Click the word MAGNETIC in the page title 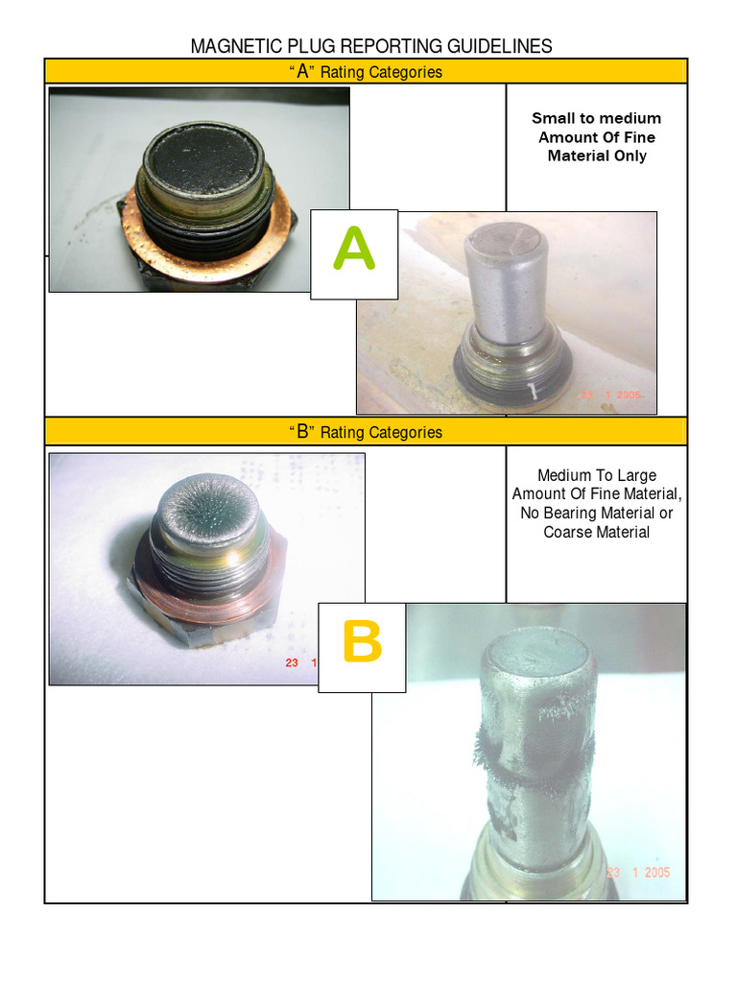[x=234, y=46]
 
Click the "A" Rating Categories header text [x=366, y=72]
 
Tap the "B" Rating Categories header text [x=366, y=432]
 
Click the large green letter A [x=353, y=251]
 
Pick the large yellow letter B [x=361, y=644]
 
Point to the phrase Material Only [x=596, y=156]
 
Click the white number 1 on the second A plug [x=531, y=391]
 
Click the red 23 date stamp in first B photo [x=291, y=662]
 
